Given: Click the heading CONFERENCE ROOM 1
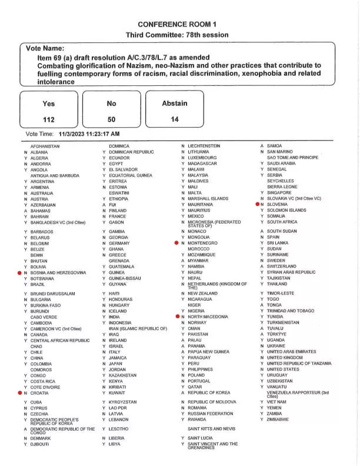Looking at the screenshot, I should [177, 24].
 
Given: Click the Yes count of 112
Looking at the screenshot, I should [49, 119].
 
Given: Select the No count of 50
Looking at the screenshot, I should [111, 119].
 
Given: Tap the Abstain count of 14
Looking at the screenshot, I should [174, 119].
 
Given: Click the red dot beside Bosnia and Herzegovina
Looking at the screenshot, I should [19, 273].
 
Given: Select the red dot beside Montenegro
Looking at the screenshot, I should [177, 243].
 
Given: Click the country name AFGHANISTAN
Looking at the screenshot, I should [45, 146].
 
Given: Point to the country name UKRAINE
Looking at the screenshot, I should [277, 346].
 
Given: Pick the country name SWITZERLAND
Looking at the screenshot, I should [282, 266].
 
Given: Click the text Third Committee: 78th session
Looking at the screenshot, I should [177, 35].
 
